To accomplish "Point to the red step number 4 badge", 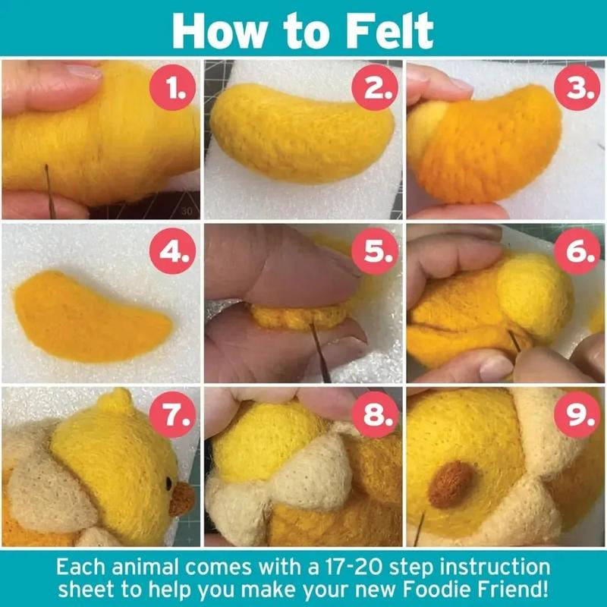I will pyautogui.click(x=175, y=253).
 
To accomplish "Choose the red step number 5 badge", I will pyautogui.click(x=376, y=253).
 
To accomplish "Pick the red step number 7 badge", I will pyautogui.click(x=175, y=415).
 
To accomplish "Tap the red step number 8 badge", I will pyautogui.click(x=376, y=415).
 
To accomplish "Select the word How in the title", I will pyautogui.click(x=218, y=30).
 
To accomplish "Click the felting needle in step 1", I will pyautogui.click(x=48, y=182).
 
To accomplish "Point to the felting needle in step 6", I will pyautogui.click(x=514, y=341).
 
